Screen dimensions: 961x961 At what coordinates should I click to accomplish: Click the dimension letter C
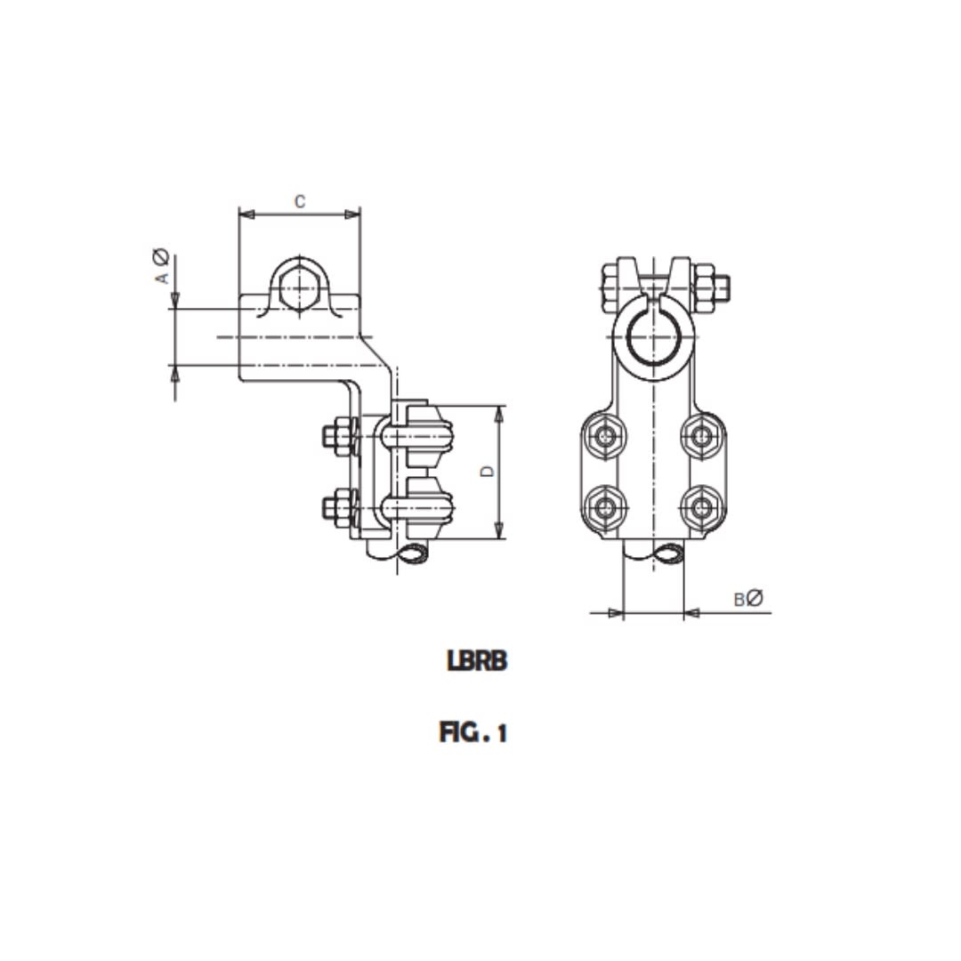point(300,202)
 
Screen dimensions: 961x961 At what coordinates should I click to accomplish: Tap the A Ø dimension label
point(161,267)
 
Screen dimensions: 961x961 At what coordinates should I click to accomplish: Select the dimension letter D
point(487,471)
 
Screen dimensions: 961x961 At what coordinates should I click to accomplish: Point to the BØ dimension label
point(748,599)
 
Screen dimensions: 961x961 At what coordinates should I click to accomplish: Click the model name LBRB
point(477,661)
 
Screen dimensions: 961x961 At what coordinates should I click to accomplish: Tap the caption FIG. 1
point(473,732)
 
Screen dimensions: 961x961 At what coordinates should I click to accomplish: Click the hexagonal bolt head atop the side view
point(299,287)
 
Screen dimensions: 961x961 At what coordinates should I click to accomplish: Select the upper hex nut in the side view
point(336,436)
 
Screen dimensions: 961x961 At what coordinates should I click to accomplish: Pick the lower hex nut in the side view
point(336,508)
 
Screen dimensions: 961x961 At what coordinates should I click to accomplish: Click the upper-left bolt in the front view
point(606,435)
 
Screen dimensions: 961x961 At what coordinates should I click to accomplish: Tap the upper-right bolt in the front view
point(703,435)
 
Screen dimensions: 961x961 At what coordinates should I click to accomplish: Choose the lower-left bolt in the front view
point(606,508)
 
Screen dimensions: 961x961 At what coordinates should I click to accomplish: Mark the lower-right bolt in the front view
point(703,508)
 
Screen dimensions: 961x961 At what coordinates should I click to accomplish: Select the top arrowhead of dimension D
point(498,412)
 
